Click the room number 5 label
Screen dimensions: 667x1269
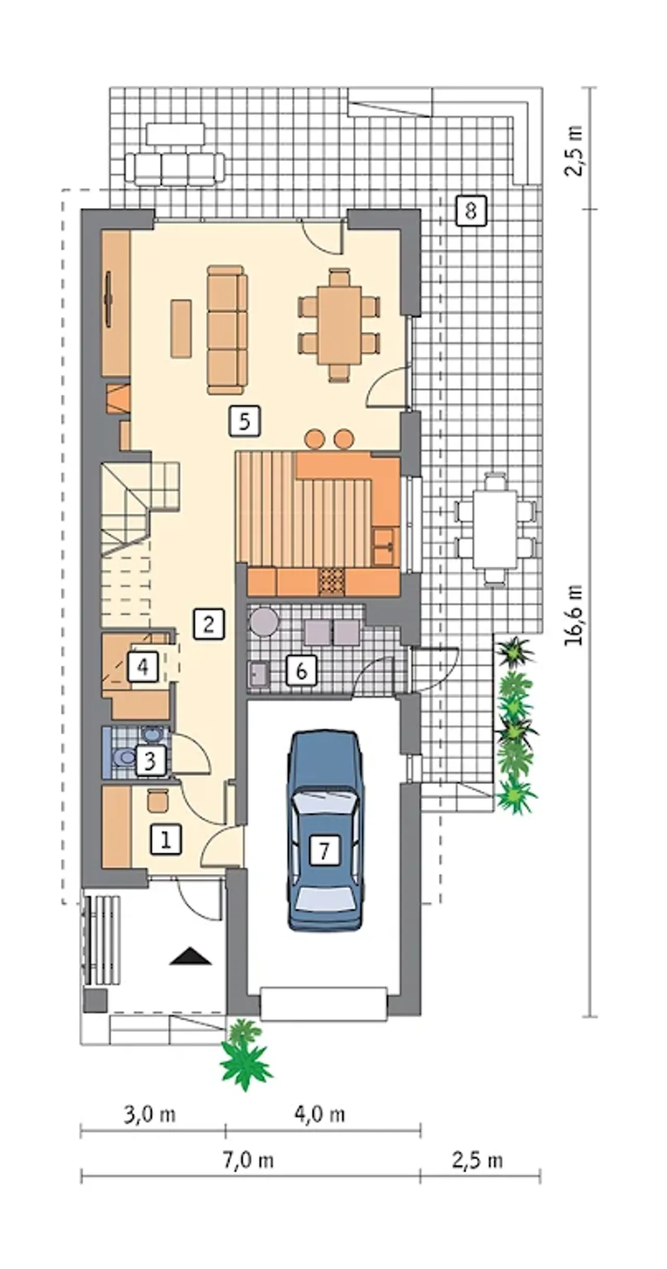(x=244, y=421)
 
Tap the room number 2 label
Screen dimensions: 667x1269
(x=208, y=624)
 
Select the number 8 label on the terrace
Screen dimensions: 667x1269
(x=471, y=211)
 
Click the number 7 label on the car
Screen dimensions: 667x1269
(x=324, y=851)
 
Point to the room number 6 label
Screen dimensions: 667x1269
(x=301, y=671)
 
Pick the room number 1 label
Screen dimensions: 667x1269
(x=166, y=839)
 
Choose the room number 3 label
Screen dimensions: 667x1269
(x=151, y=762)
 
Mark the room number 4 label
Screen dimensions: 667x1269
(x=143, y=666)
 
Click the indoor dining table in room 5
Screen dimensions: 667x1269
(x=339, y=325)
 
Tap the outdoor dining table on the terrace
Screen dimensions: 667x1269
(x=495, y=529)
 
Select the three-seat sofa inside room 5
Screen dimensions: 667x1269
(x=227, y=330)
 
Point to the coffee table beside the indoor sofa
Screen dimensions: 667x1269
(x=181, y=329)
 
